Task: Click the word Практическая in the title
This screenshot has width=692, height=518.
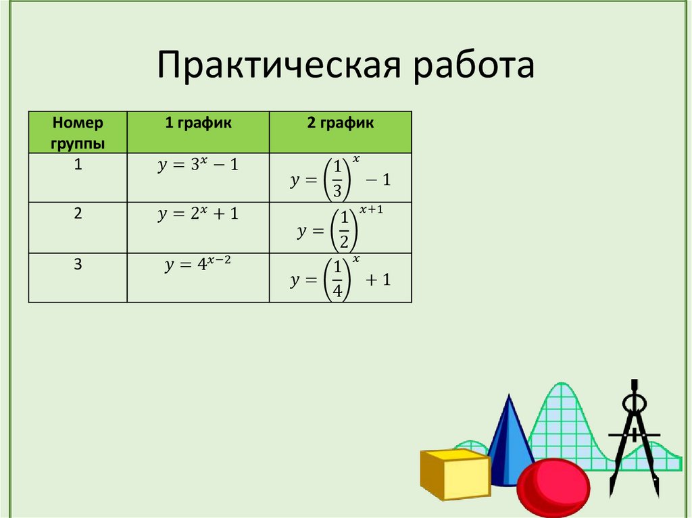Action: click(278, 66)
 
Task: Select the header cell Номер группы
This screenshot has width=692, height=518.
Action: click(78, 132)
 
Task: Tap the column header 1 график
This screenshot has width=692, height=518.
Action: click(198, 123)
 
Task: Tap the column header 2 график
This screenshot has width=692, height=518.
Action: click(340, 123)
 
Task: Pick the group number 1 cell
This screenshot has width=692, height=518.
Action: click(78, 165)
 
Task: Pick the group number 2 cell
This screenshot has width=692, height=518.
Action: click(78, 213)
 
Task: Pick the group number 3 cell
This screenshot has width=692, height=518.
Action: click(78, 265)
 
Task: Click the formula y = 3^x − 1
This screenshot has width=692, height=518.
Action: click(198, 165)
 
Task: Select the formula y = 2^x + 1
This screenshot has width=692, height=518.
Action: click(198, 214)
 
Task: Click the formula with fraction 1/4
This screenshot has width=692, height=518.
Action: click(341, 279)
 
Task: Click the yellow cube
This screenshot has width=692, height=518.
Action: click(454, 475)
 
